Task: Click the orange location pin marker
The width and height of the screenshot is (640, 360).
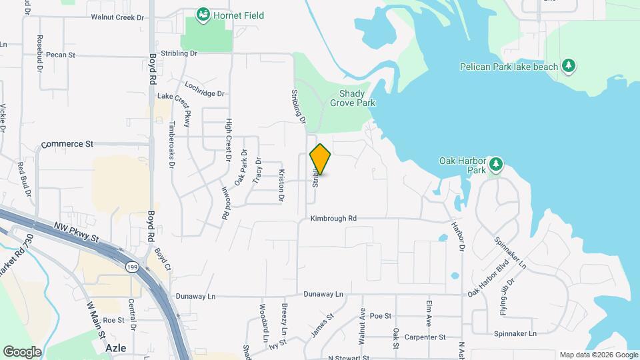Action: pyautogui.click(x=321, y=159)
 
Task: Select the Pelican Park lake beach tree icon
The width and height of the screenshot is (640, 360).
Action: pyautogui.click(x=568, y=65)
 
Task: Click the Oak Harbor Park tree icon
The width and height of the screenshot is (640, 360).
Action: pyautogui.click(x=495, y=164)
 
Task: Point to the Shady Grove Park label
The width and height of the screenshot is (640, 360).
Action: pyautogui.click(x=357, y=99)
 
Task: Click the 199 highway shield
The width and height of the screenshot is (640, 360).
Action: pyautogui.click(x=131, y=266)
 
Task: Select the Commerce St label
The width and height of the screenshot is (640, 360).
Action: pyautogui.click(x=67, y=144)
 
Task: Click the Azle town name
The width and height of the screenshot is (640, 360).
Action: pyautogui.click(x=116, y=348)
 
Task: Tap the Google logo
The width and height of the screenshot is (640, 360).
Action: pyautogui.click(x=22, y=351)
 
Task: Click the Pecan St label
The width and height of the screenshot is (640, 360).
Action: pyautogui.click(x=62, y=55)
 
